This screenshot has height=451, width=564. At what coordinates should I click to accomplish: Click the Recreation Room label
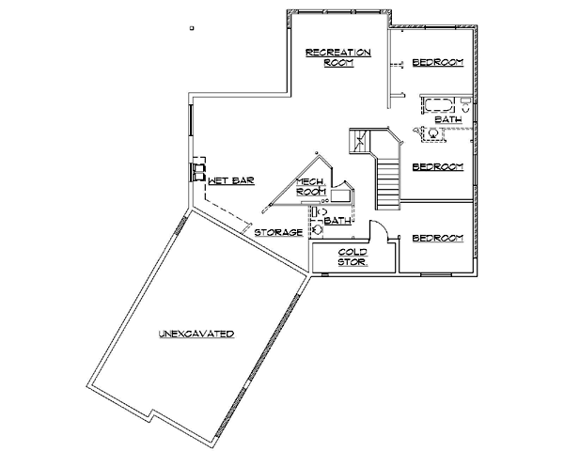point(338,57)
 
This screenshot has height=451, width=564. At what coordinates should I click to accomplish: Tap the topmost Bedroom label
point(438,63)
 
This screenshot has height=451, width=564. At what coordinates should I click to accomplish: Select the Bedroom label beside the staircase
point(438,167)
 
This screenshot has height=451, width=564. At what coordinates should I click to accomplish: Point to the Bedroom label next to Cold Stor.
point(438,238)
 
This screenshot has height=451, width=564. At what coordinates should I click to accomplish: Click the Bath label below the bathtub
point(448,119)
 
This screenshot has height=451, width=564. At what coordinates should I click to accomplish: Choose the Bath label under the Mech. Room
point(337,221)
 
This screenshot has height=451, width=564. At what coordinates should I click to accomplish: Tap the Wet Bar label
point(231,180)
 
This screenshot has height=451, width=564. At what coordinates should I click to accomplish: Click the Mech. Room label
point(311,187)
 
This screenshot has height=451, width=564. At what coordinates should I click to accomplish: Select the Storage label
point(279,233)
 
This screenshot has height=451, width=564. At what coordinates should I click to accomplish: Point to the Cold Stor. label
point(352,257)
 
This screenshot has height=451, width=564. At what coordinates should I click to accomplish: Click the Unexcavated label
point(196,334)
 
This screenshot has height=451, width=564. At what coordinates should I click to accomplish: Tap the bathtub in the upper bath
point(438,105)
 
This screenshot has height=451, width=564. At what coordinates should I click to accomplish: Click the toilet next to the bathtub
point(465,104)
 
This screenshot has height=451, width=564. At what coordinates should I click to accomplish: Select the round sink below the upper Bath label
point(433,133)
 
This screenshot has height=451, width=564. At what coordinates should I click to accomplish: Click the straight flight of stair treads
point(387,184)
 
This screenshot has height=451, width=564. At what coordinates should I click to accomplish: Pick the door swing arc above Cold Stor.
point(379,228)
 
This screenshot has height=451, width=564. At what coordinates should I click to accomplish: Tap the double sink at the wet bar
point(197,172)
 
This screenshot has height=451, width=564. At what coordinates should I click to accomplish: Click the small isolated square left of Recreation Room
point(192,27)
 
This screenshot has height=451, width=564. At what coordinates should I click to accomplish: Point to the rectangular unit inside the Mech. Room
point(340,196)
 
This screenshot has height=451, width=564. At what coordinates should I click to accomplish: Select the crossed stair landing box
point(359,141)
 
